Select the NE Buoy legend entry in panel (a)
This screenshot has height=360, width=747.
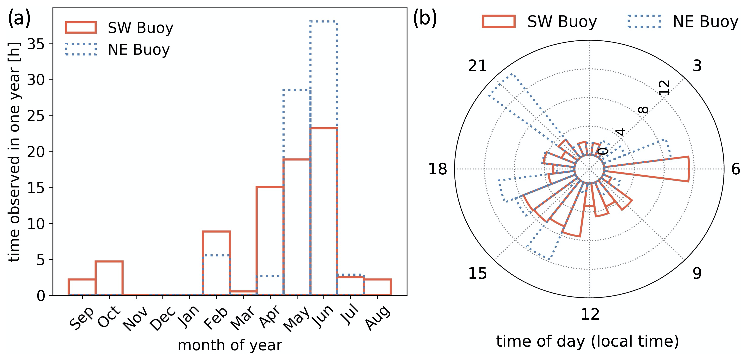(117, 50)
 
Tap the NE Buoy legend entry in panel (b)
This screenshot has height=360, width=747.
(683, 21)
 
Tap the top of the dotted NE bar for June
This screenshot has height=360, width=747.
(324, 22)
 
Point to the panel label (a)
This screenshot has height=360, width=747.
(19, 18)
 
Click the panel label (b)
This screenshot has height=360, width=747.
(425, 18)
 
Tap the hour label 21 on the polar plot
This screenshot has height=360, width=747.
(477, 66)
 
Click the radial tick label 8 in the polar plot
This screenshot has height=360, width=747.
(643, 110)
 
